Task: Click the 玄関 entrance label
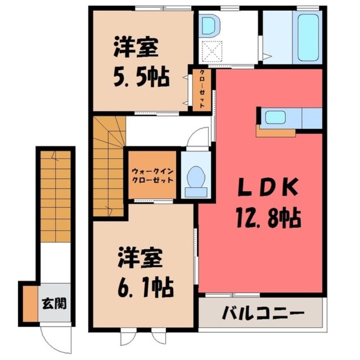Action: (54, 304)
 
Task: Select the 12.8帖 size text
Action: (268, 217)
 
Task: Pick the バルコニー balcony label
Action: (263, 313)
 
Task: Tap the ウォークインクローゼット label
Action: (153, 175)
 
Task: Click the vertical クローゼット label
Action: (202, 89)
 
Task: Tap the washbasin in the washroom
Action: (209, 26)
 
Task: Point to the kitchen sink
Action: (275, 117)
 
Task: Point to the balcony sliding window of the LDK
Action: (232, 295)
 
